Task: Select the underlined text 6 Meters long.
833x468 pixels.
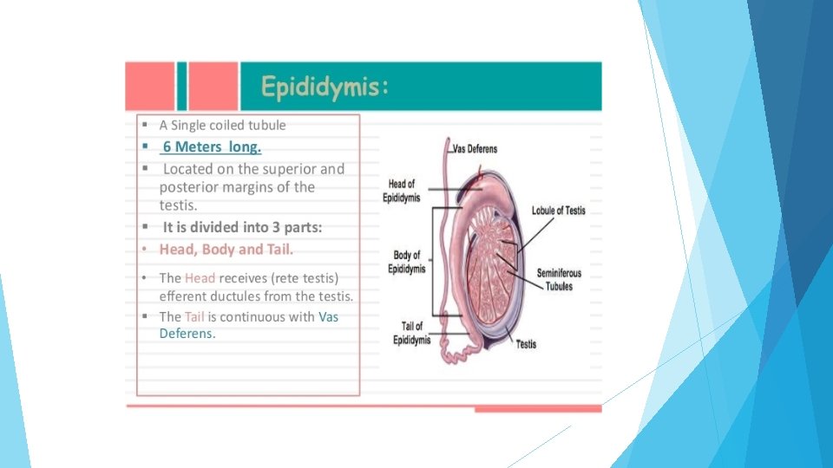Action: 212,146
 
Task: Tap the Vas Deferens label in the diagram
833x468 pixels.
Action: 476,149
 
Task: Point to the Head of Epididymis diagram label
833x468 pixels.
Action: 402,191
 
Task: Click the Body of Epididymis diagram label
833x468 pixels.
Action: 407,262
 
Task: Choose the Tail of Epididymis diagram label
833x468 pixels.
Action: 411,333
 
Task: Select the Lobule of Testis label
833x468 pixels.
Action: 560,211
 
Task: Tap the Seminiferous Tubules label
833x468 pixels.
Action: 559,279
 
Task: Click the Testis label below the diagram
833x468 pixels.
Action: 526,344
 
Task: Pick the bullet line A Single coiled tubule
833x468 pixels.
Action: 222,125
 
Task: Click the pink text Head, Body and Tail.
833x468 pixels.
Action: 226,250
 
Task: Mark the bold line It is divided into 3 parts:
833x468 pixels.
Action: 242,228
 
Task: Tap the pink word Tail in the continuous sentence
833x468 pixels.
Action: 193,317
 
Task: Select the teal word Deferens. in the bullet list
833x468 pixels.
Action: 187,334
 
